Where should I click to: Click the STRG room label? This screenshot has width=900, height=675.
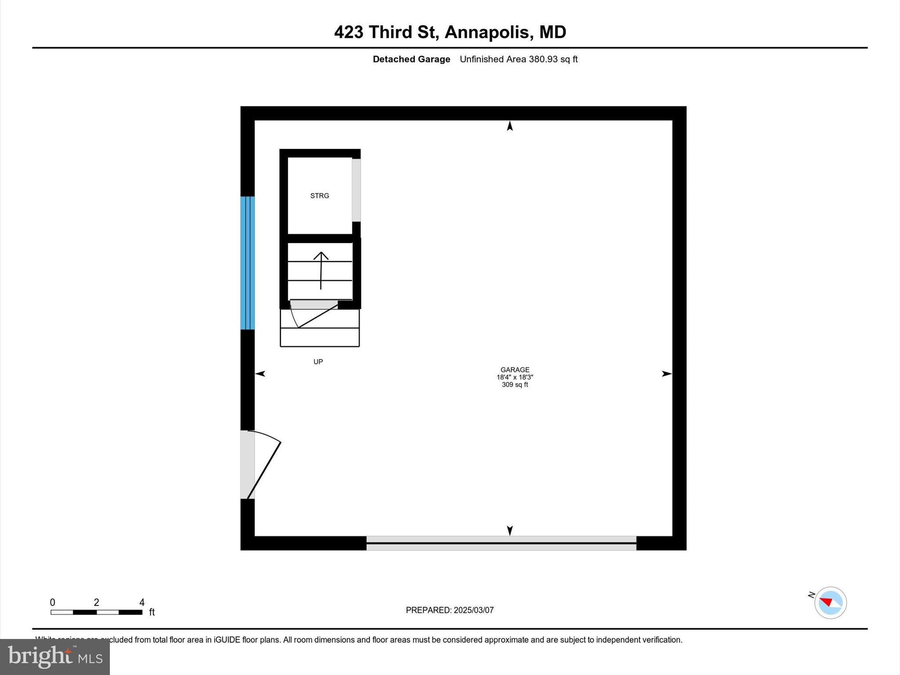click(319, 196)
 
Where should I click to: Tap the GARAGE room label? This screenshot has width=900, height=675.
click(515, 370)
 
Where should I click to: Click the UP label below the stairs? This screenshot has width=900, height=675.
click(318, 362)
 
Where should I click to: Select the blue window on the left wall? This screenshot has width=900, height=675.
click(247, 263)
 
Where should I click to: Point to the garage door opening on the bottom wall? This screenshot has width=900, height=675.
click(501, 543)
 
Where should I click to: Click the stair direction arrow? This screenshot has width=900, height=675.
click(321, 270)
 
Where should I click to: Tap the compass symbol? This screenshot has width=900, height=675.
click(830, 602)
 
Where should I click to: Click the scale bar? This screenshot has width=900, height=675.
click(96, 612)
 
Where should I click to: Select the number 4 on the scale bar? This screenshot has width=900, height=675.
click(142, 602)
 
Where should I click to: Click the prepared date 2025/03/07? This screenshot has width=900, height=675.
click(473, 610)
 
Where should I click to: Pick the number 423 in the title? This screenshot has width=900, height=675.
click(348, 32)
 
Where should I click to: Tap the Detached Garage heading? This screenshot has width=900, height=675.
click(411, 59)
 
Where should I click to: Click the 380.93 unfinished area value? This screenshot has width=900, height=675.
click(543, 59)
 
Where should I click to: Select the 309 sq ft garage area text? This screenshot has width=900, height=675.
click(515, 385)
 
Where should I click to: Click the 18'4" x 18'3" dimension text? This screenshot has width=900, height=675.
click(515, 377)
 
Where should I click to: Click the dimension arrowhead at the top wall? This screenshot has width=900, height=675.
click(510, 126)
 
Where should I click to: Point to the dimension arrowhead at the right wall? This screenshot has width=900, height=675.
click(667, 374)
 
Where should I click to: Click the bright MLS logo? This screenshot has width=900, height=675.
click(55, 657)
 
